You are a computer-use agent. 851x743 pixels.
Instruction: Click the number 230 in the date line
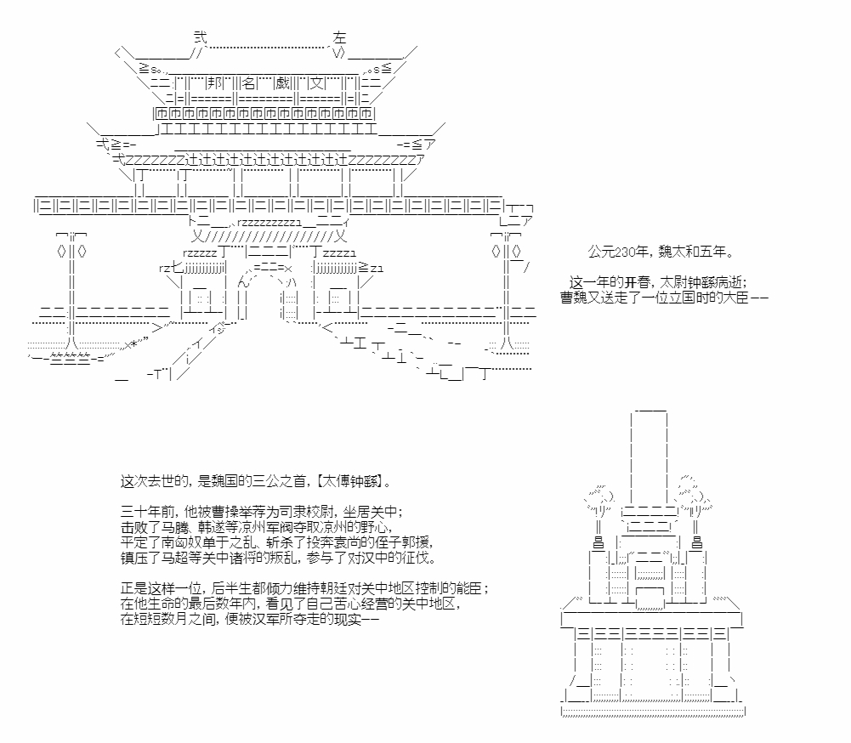(625, 252)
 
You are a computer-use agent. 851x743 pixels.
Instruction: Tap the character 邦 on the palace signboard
(216, 83)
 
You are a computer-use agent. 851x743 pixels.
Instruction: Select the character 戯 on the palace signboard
(282, 83)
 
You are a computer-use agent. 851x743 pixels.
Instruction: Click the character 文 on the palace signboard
(316, 83)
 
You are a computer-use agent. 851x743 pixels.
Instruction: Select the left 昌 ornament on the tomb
(598, 542)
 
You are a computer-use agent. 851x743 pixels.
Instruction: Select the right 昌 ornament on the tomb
(697, 542)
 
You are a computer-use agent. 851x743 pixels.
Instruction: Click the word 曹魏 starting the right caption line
(574, 298)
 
